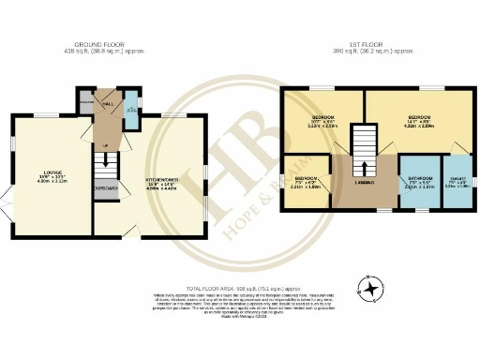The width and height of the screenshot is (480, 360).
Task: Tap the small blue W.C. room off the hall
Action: [x=130, y=109]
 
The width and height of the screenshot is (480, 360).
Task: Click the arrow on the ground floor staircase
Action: [x=107, y=159]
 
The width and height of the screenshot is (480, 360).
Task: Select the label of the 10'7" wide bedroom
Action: [x=324, y=121]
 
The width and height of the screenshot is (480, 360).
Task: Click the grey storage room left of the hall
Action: [x=86, y=102]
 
